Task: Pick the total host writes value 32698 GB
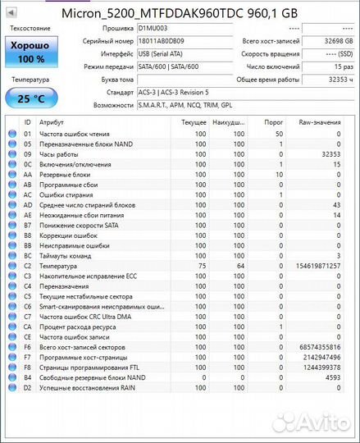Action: tap(336, 41)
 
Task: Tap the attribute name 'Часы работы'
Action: tap(58, 153)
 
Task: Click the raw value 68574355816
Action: tap(319, 347)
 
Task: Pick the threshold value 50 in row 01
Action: tap(279, 133)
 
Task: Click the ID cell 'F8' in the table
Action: tap(27, 368)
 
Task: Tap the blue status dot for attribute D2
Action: tap(11, 387)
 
